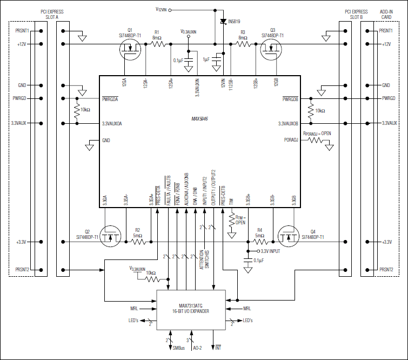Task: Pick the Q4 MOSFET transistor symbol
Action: (289, 236)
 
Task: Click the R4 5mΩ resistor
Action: (260, 242)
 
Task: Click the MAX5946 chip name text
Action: (200, 118)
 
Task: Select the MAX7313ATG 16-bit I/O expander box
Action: (191, 310)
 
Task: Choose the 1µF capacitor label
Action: (206, 58)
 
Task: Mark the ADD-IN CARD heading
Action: (386, 14)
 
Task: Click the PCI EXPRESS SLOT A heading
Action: (51, 14)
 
